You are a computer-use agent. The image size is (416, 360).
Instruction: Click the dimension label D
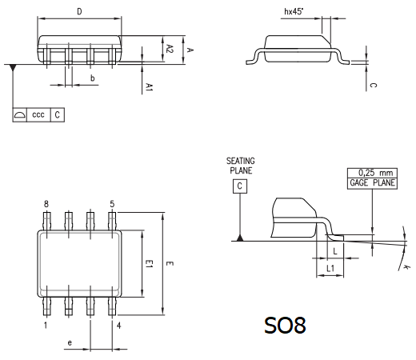(79, 12)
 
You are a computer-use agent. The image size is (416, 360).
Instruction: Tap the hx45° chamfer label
(294, 11)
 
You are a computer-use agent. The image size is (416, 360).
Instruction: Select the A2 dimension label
(170, 49)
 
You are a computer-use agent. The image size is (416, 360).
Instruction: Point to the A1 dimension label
(150, 87)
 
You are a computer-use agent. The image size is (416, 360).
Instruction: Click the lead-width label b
(93, 78)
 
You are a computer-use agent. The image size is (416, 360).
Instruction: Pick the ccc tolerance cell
(38, 115)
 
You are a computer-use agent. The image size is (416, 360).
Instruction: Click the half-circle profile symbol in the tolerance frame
(20, 115)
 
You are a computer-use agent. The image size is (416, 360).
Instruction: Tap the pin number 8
(46, 204)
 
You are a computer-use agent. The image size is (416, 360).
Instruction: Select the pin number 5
(112, 204)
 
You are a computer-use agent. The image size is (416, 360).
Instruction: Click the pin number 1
(46, 326)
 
